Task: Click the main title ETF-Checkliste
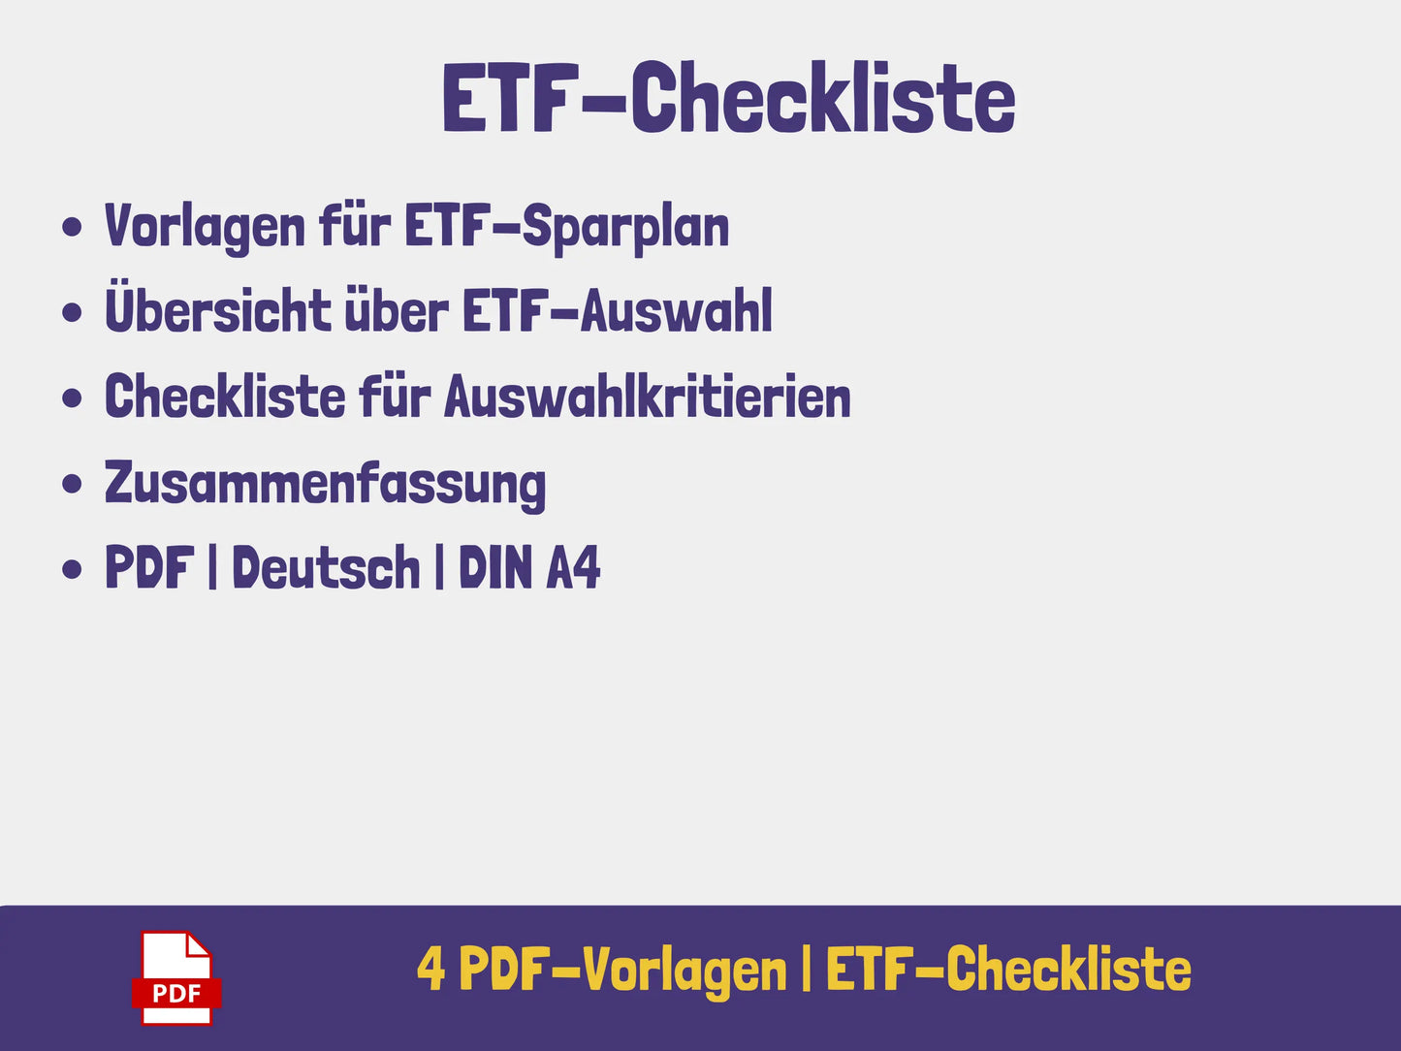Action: (728, 97)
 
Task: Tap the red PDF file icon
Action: (176, 978)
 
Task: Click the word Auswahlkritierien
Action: (648, 397)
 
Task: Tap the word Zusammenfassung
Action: (325, 486)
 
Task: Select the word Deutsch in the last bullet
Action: (326, 566)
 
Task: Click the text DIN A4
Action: (529, 566)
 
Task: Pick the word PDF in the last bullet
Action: (149, 566)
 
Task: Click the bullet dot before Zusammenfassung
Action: (72, 483)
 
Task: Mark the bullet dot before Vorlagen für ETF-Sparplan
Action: (72, 227)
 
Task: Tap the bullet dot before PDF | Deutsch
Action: (72, 568)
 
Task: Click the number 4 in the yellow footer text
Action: (430, 969)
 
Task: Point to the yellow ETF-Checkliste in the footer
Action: (1008, 968)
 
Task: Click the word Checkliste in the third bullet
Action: (225, 397)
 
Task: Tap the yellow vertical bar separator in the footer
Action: (806, 968)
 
